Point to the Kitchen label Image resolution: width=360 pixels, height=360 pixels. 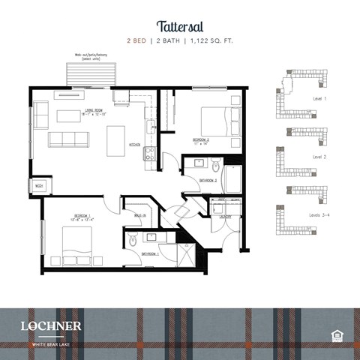point(135,144)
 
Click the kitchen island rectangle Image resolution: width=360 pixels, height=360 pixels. point(115,139)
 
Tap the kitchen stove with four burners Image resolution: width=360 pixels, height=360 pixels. point(149,154)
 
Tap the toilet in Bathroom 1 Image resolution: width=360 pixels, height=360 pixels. point(132,241)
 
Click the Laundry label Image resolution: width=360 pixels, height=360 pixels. point(226,217)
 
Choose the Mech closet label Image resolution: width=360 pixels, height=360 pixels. point(38,185)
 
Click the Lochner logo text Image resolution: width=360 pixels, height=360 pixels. point(51,325)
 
